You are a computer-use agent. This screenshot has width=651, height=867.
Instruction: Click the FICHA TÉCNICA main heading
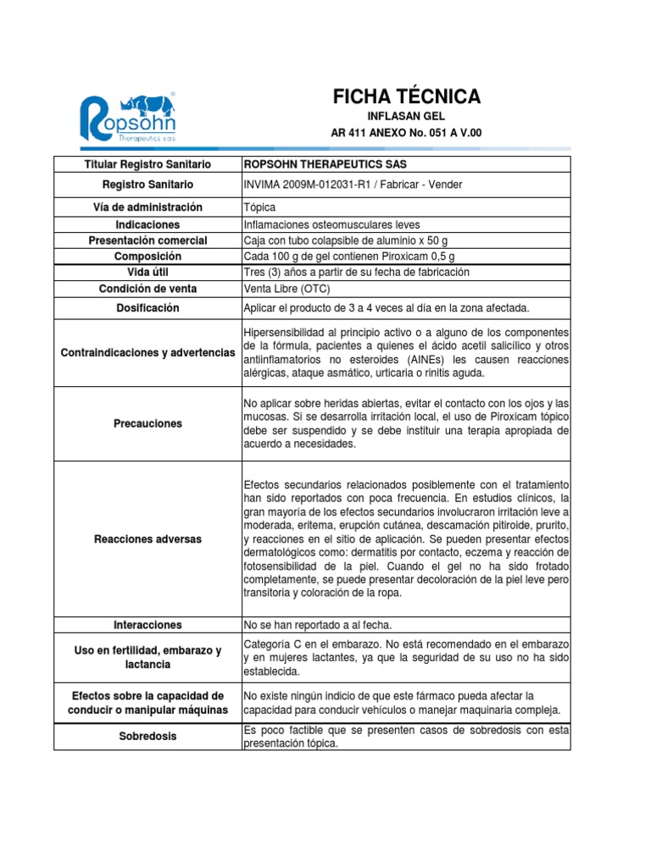pyautogui.click(x=406, y=97)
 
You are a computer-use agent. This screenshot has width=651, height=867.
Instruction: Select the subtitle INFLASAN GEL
pyautogui.click(x=406, y=115)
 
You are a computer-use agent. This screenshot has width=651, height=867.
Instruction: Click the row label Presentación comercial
pyautogui.click(x=147, y=240)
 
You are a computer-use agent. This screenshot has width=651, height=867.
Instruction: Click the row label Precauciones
pyautogui.click(x=147, y=423)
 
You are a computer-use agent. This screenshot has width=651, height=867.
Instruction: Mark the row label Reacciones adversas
pyautogui.click(x=147, y=538)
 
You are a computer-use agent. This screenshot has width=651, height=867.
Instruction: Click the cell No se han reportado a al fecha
pyautogui.click(x=317, y=625)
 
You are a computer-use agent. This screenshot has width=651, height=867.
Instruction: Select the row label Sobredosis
pyautogui.click(x=147, y=737)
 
